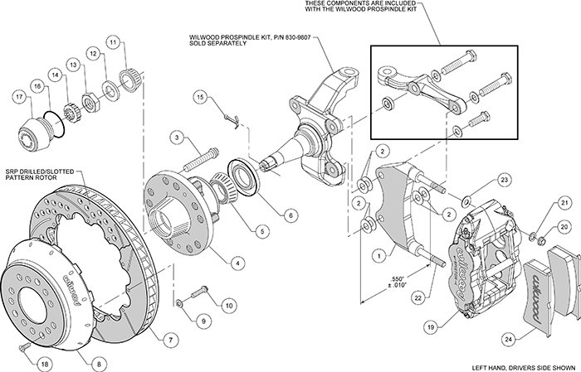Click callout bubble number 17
point(20,98)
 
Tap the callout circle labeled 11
point(114,42)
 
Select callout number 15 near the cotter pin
point(201,98)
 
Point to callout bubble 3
point(178,138)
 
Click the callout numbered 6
point(290,215)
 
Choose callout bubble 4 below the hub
point(237,263)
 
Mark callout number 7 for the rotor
point(170,340)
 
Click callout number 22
point(418,298)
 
